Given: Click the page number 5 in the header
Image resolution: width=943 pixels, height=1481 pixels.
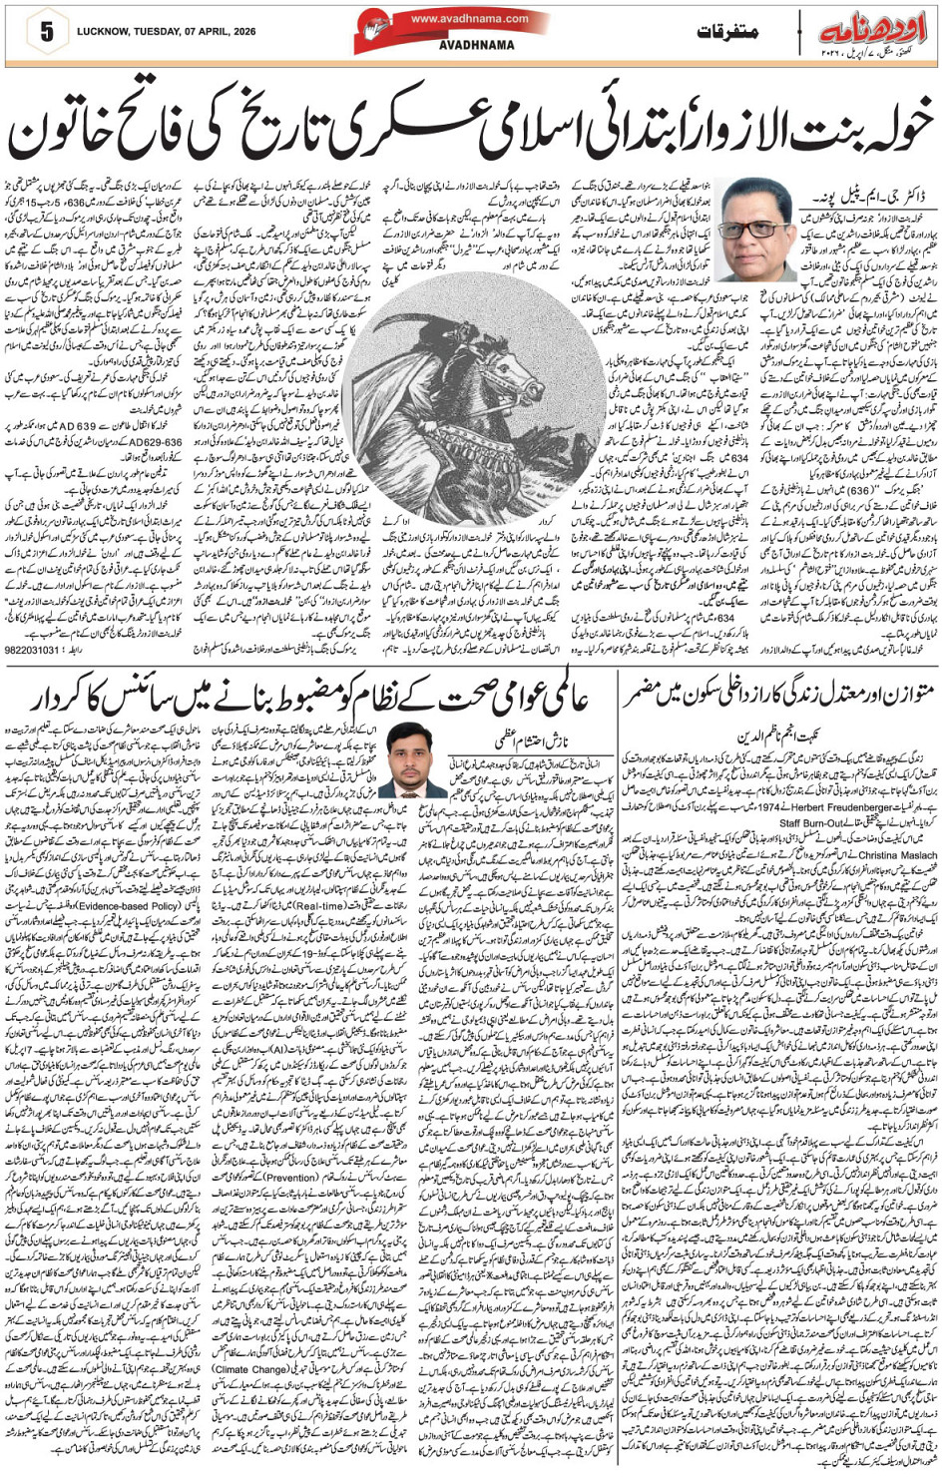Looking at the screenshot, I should (46, 31).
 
